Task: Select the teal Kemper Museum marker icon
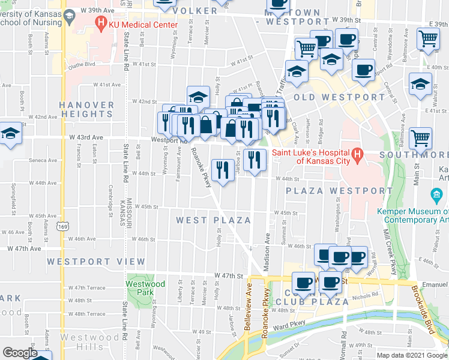(436, 196)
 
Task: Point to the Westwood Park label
(145, 288)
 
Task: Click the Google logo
(20, 353)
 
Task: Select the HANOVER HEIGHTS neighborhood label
(86, 109)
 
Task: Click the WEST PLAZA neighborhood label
(213, 220)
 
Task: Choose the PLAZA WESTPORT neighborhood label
(339, 191)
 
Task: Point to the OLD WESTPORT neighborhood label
(339, 97)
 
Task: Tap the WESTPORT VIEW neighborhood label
(96, 262)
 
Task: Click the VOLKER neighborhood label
(195, 11)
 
